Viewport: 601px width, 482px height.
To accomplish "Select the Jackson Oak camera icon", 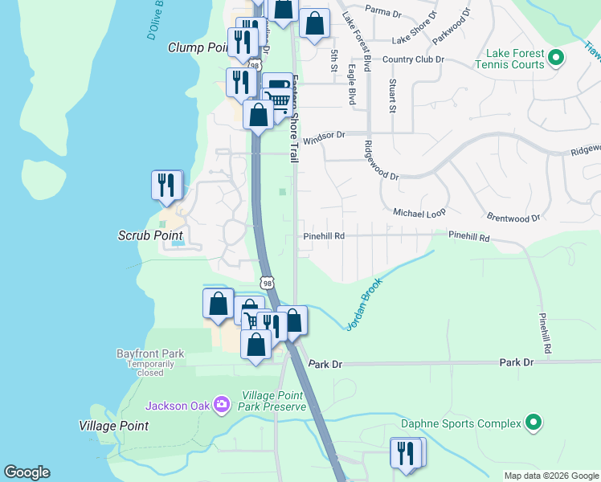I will (x=223, y=405).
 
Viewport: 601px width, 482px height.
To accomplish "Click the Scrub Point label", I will (x=150, y=235).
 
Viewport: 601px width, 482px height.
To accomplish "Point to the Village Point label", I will (x=113, y=426).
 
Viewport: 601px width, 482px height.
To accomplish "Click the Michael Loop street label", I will (x=419, y=213).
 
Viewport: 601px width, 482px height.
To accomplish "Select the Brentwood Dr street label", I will (x=513, y=218).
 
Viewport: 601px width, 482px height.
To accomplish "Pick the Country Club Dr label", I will (x=413, y=59).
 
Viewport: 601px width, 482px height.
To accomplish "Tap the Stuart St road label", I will (x=392, y=95).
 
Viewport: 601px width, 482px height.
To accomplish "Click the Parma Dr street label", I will (x=382, y=10).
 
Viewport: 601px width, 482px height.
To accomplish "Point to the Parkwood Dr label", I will (x=450, y=27).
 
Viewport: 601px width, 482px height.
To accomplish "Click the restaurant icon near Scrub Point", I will (x=166, y=186).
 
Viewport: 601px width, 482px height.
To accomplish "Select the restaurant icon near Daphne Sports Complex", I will (x=406, y=452).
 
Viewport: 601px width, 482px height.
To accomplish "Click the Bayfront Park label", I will (x=150, y=353).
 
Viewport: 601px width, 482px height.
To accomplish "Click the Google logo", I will (x=27, y=472).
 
